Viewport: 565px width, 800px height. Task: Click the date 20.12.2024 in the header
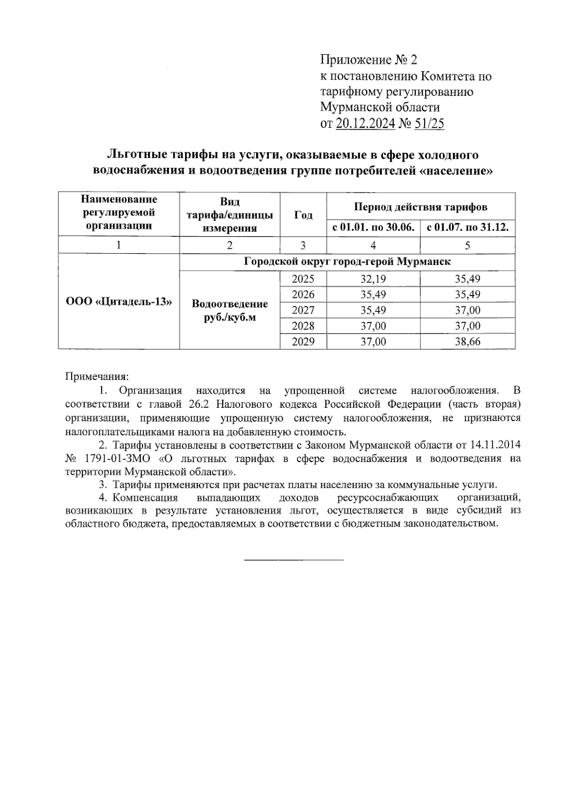point(365,124)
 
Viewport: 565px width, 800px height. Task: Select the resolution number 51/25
point(429,124)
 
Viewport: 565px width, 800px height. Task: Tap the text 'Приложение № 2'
point(368,60)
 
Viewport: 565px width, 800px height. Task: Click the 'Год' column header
point(303,215)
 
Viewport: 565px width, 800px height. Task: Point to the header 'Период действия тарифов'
point(420,206)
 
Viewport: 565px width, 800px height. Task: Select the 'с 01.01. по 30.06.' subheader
point(373,228)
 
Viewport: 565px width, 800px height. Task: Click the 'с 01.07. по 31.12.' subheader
point(468,228)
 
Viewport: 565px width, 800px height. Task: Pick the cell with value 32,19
point(373,279)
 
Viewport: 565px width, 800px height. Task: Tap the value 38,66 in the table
point(468,342)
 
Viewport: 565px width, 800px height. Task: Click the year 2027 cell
point(303,310)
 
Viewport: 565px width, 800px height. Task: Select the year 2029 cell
point(303,342)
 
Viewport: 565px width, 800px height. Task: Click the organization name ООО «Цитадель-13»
point(118,302)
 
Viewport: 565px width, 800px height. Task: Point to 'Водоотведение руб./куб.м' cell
point(230,310)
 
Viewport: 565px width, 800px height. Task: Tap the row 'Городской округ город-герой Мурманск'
point(347,262)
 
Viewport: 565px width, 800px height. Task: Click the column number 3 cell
point(303,245)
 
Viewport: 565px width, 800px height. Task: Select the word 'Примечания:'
point(97,377)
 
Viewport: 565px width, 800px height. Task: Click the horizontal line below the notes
point(294,560)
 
